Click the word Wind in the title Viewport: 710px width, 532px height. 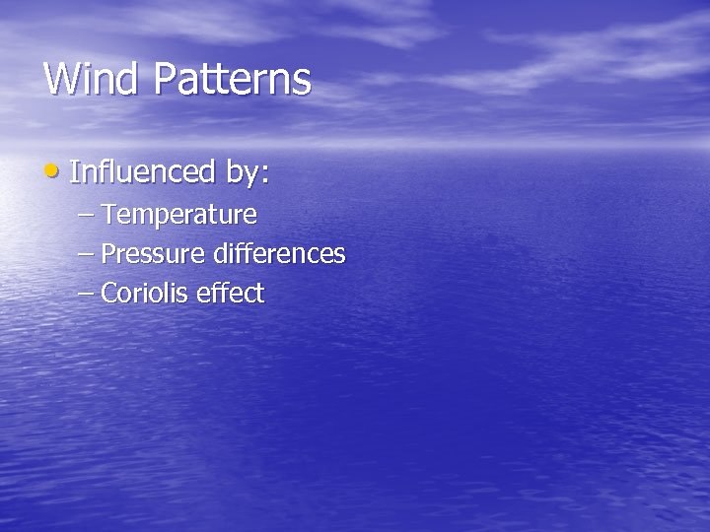tap(92, 79)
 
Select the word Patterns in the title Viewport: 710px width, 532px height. tap(232, 79)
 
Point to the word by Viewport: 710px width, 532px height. tap(243, 172)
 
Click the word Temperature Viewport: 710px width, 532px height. tap(178, 214)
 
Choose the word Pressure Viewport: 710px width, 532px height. tap(153, 254)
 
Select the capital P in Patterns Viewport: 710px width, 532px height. tap(164, 79)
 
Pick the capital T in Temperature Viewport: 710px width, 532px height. tap(108, 214)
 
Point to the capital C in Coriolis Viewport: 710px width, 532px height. tap(109, 294)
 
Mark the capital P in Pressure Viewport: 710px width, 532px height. tap(108, 254)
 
